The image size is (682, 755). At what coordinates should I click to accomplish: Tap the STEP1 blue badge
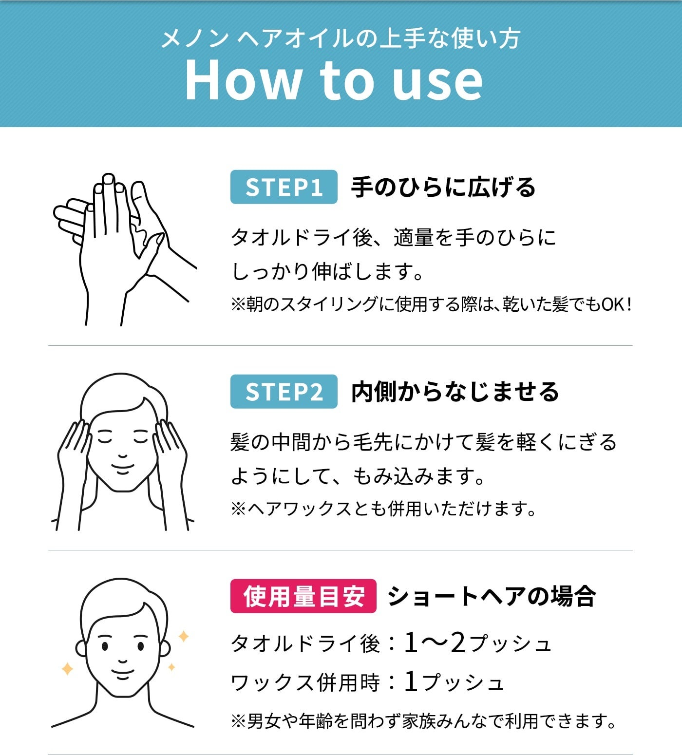click(x=284, y=187)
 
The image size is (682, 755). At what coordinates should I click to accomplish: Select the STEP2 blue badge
click(x=284, y=392)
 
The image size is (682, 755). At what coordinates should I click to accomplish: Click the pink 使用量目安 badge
click(x=303, y=596)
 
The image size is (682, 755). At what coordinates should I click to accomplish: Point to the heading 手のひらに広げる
click(x=443, y=188)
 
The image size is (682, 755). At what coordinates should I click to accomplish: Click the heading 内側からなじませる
click(x=455, y=392)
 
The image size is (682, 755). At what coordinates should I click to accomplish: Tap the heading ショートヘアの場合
click(x=492, y=596)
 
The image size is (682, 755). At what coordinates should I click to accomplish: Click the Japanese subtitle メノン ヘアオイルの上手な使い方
click(x=341, y=38)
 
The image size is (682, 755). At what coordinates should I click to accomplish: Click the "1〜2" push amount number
click(x=435, y=643)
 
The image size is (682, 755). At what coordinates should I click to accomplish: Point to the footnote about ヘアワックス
click(x=383, y=509)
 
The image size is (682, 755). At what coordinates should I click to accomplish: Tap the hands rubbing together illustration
click(x=125, y=249)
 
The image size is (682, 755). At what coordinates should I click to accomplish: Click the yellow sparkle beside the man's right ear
click(x=184, y=636)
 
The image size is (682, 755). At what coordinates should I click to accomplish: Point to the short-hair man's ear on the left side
click(x=81, y=648)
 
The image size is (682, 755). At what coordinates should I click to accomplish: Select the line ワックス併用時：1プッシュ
click(x=367, y=682)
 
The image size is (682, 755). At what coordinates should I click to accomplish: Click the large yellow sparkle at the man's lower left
click(x=67, y=669)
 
